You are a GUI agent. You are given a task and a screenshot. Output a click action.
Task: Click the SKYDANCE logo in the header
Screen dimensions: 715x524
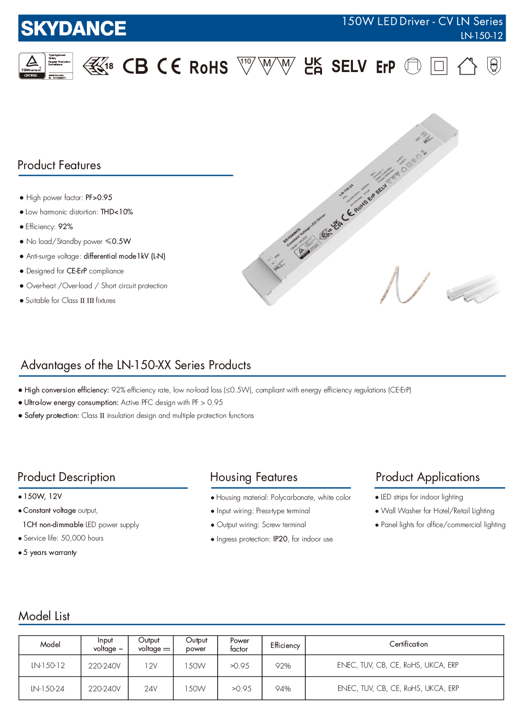pos(73,29)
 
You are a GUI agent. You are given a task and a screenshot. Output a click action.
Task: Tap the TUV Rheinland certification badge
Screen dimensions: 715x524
pos(45,66)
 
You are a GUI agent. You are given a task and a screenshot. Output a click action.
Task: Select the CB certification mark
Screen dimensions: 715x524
pos(135,67)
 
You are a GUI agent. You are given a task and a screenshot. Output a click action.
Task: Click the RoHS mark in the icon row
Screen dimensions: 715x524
pos(208,68)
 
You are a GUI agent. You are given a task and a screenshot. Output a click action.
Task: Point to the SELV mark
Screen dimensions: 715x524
pos(349,67)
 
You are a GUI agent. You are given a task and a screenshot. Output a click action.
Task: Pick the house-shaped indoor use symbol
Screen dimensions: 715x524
pos(467,66)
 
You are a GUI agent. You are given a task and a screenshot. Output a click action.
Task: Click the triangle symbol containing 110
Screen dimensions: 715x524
pos(246,65)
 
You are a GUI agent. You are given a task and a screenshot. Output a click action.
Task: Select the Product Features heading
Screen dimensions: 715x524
pos(59,165)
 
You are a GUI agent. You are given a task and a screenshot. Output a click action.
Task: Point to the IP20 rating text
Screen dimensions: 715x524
pos(280,539)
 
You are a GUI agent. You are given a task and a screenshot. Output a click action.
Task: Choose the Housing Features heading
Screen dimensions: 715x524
pos(253,477)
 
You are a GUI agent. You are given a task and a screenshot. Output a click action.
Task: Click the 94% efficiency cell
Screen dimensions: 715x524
pos(283,689)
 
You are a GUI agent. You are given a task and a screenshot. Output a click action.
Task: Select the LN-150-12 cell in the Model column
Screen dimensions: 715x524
pos(48,665)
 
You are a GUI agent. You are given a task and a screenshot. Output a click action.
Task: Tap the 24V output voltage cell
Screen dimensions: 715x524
pos(151,689)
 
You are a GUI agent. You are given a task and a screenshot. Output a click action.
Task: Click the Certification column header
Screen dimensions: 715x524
pos(408,644)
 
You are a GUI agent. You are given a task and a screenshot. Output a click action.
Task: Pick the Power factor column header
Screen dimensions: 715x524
pos(239,645)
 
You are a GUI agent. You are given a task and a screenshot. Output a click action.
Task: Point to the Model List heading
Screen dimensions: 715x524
pos(44,616)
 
